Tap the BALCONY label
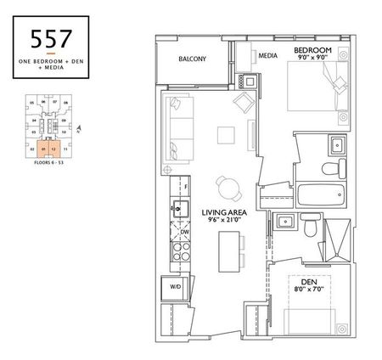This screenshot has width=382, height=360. pyautogui.click(x=194, y=59)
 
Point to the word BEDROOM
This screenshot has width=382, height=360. pyautogui.click(x=313, y=52)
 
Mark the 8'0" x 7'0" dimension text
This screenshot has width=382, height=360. pyautogui.click(x=303, y=290)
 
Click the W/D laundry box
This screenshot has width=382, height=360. pyautogui.click(x=176, y=287)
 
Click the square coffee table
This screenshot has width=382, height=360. pyautogui.click(x=225, y=136)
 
